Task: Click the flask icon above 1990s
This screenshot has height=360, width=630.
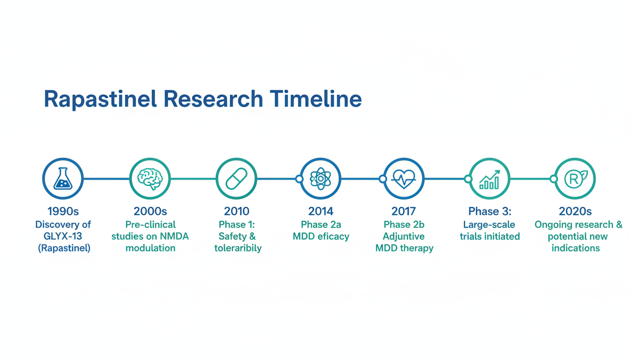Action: (63, 179)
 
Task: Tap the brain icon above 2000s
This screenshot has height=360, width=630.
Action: (150, 179)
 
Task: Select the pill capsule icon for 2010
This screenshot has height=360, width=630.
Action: (237, 179)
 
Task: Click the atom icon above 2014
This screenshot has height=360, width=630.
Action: (320, 179)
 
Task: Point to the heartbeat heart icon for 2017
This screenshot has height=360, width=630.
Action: (404, 179)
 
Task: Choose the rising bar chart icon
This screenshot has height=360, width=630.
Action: (489, 179)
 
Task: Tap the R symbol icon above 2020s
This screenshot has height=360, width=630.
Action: (576, 179)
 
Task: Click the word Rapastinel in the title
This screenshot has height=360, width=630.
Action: (100, 99)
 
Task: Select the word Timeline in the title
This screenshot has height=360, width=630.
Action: (315, 99)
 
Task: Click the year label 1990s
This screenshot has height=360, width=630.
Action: (63, 211)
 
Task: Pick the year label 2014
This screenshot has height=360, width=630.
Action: (321, 211)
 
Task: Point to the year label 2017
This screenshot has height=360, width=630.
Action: (404, 211)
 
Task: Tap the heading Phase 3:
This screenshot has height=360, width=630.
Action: (490, 211)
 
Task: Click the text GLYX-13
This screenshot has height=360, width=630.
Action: (63, 236)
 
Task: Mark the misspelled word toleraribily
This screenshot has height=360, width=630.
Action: (238, 248)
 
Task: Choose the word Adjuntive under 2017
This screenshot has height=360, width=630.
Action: (404, 237)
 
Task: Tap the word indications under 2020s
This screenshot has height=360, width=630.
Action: (576, 248)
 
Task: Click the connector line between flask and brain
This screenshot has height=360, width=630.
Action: (106, 179)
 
